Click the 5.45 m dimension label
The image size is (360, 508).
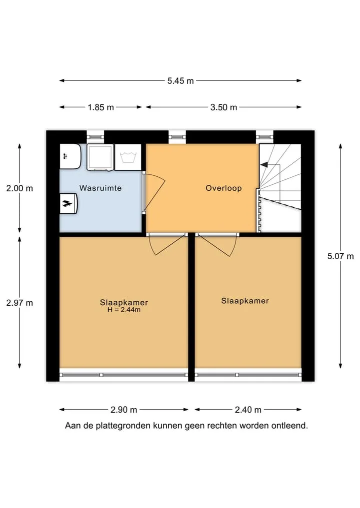point(180,81)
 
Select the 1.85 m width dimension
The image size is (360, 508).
point(100,107)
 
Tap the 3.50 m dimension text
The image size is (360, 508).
point(223,107)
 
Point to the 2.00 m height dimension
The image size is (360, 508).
point(19,188)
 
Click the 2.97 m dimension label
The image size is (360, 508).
point(19,303)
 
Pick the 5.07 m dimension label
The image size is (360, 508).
point(340,256)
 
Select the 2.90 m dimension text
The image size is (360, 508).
point(123,410)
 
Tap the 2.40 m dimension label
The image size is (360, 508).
point(248,410)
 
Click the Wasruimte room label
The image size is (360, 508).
point(100,188)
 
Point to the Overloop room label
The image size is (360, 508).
point(223,188)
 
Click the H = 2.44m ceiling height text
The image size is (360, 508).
point(124,310)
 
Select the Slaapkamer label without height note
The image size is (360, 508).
point(245,301)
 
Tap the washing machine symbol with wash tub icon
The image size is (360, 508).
point(128,157)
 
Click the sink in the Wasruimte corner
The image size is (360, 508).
point(70,156)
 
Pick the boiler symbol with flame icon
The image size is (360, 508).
point(68,204)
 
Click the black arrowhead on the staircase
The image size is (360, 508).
point(264,164)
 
